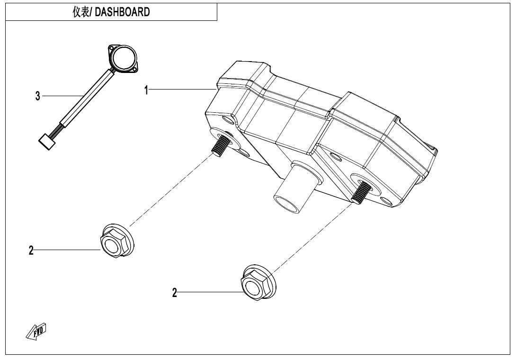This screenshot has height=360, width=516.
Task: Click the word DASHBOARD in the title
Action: [123, 13]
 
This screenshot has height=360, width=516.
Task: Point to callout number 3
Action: [37, 96]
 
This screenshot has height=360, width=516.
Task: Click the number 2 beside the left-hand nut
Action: [31, 251]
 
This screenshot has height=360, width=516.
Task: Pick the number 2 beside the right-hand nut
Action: [175, 293]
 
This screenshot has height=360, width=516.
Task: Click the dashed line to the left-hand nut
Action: [170, 189]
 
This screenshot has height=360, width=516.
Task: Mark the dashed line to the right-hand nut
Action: [312, 237]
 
